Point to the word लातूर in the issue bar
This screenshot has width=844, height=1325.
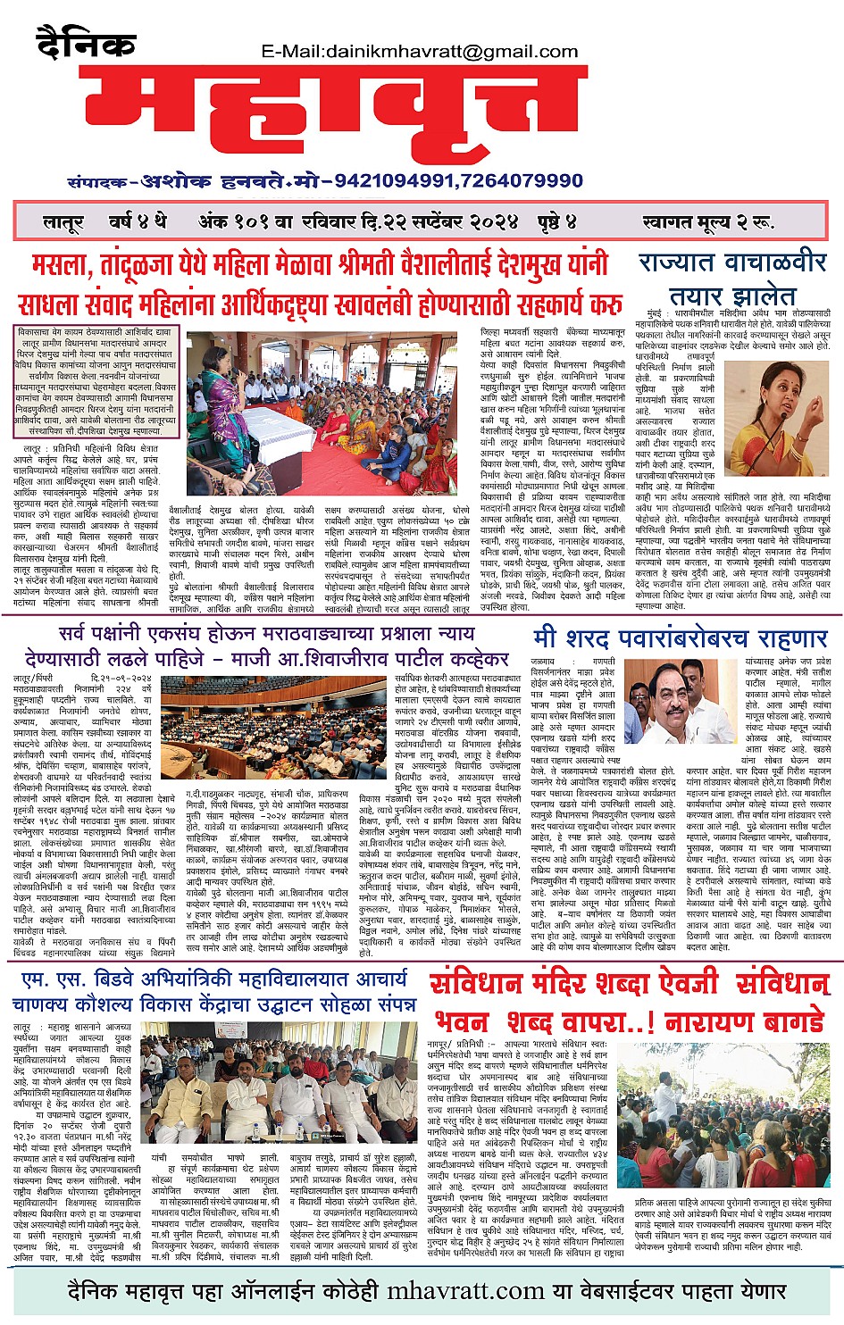(x=63, y=221)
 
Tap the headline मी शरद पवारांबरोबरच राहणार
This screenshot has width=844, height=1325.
(x=681, y=639)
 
